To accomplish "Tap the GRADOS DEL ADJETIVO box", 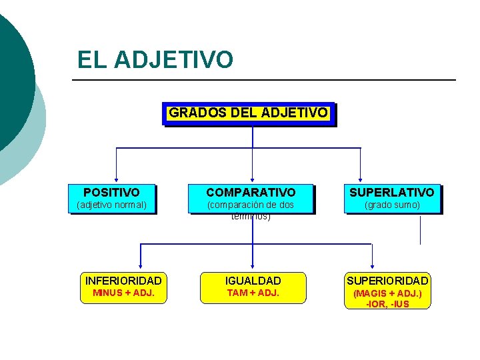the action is [248, 113].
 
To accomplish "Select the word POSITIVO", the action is [111, 193].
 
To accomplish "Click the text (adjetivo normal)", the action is [111, 205].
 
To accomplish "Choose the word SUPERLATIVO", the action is [392, 193].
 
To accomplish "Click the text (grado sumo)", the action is [392, 205].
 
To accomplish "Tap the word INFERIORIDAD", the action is [123, 281].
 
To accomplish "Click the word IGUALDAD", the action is [253, 281].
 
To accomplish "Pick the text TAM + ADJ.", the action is [253, 293].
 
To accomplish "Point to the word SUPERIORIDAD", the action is [387, 281].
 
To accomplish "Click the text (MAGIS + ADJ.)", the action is [387, 293].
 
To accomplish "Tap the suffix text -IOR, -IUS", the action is [387, 304].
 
